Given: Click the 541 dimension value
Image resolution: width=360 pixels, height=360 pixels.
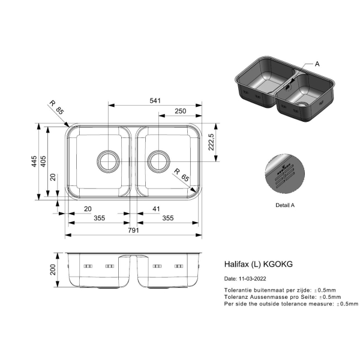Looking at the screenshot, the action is (155, 101).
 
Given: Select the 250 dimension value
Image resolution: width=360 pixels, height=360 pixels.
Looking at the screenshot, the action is (180, 111).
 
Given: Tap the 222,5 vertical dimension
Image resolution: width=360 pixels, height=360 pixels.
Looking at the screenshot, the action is (211, 142).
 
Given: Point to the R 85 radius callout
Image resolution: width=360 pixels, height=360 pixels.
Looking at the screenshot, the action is (56, 107).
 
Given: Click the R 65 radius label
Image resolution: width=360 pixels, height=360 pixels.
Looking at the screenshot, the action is (181, 175).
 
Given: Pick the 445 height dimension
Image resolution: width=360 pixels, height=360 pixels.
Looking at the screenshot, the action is (34, 161).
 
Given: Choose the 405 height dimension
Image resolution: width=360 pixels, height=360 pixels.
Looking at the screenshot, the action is (43, 161).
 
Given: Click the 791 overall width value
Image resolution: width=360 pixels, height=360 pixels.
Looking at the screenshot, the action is (133, 230).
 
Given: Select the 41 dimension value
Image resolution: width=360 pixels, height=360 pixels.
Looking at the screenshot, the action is (156, 209).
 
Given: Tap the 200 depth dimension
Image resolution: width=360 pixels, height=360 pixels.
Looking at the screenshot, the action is (53, 270).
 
